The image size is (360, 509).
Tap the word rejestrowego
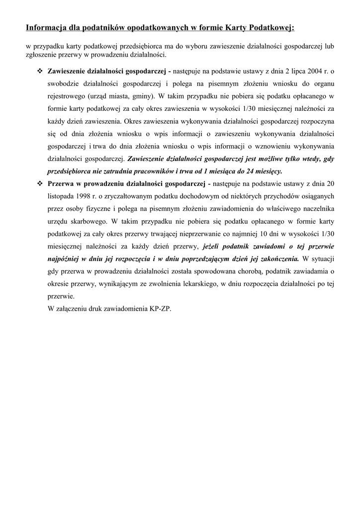[x=67, y=96]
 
